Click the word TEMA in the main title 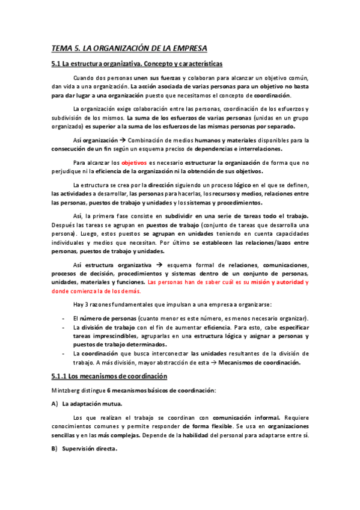pos(61,48)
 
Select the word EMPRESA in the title pos(185,48)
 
